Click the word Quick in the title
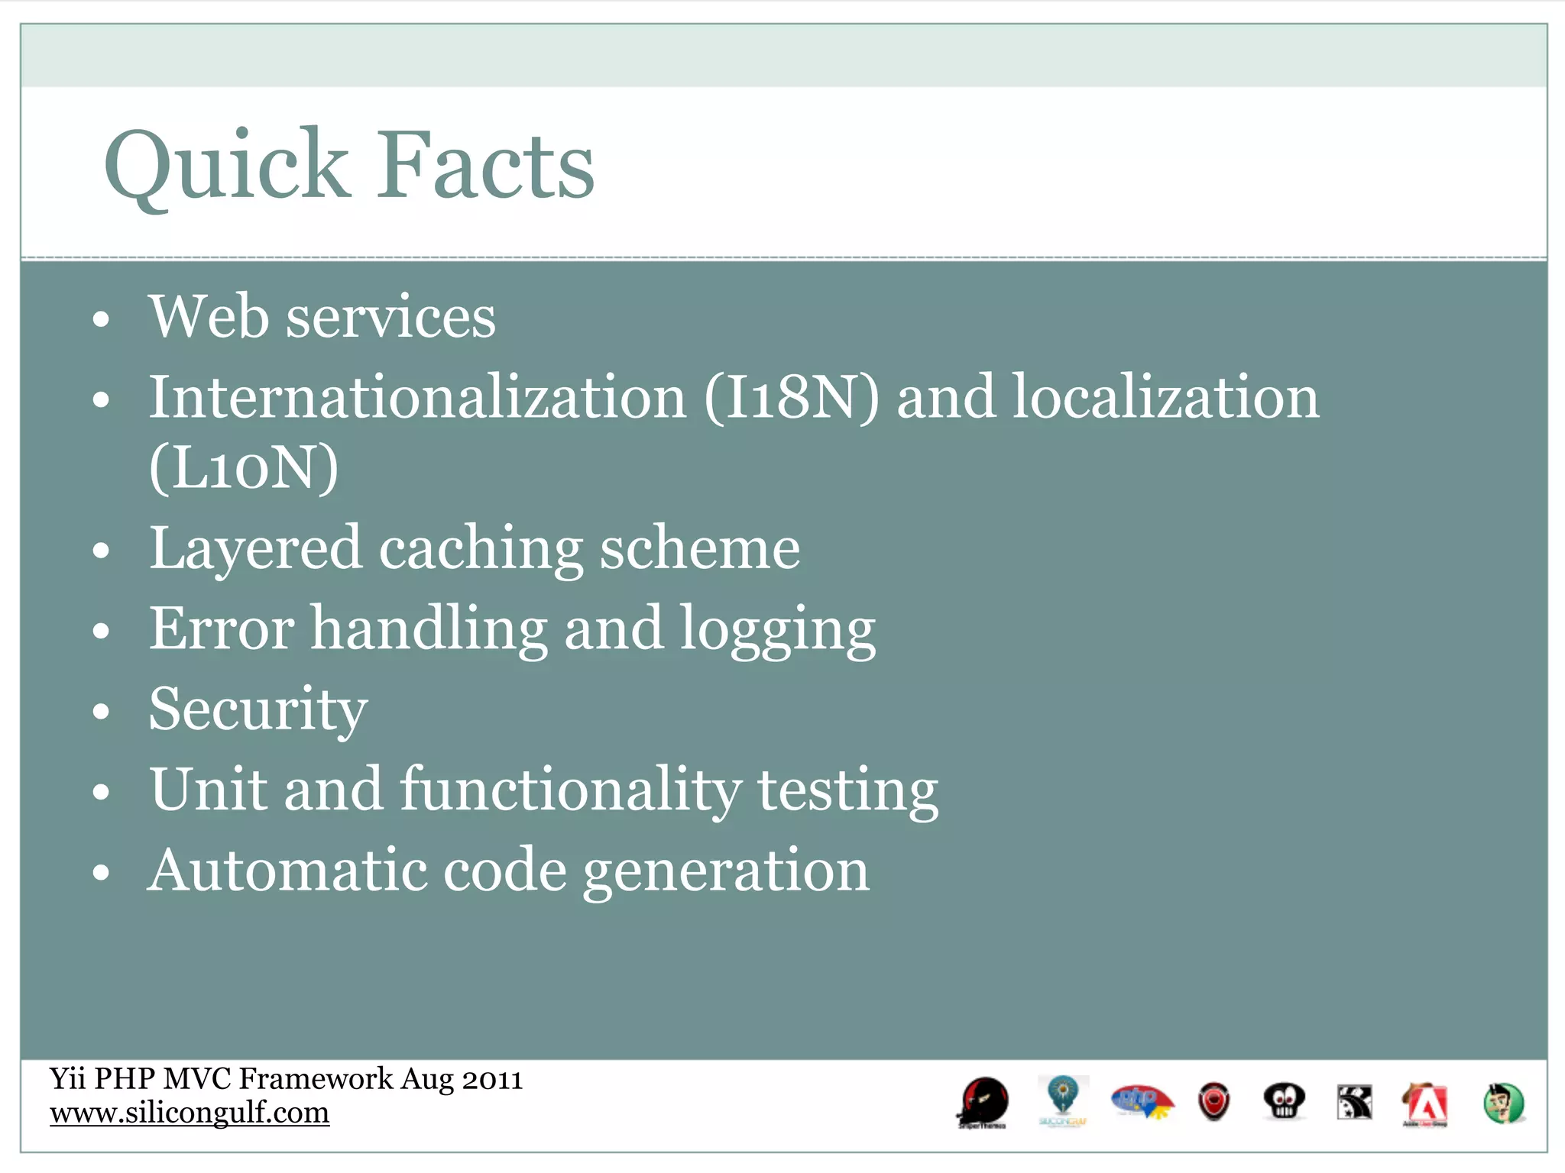pos(226,166)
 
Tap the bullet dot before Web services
pos(101,319)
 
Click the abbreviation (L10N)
pos(243,467)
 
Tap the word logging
pos(777,630)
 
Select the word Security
pos(258,709)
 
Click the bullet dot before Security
pos(101,712)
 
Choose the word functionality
pos(570,790)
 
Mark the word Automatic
pos(287,870)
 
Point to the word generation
pos(726,871)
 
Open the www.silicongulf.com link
pos(190,1113)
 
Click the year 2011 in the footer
pos(492,1079)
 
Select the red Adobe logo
pos(1424,1104)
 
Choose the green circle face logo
pos(1503,1104)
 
